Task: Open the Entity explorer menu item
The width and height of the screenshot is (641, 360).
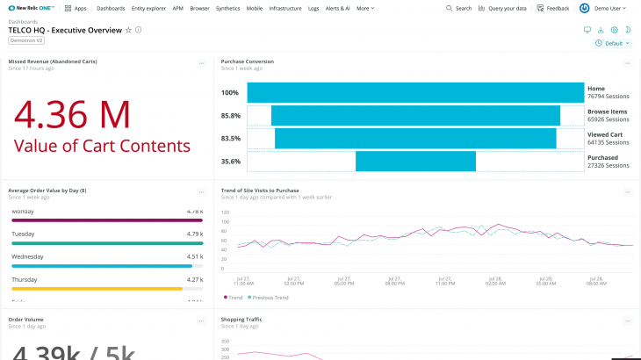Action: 149,8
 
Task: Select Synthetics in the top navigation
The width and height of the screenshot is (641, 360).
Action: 227,8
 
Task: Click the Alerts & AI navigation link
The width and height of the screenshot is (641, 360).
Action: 338,8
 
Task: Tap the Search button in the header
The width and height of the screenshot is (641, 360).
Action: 458,8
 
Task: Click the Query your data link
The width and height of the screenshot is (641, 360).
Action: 503,8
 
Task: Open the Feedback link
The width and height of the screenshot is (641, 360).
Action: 553,8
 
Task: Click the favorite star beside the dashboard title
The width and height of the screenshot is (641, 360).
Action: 128,30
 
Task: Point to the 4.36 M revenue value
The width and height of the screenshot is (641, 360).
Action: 72,115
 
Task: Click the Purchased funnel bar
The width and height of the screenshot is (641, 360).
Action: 415,161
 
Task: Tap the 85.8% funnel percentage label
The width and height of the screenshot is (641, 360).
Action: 231,116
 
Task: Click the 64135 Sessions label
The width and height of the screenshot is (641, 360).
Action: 608,142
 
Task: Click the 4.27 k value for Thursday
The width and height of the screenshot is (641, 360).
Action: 194,279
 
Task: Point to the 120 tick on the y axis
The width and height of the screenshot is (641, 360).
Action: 225,212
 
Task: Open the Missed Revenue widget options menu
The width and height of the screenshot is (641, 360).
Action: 201,63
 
